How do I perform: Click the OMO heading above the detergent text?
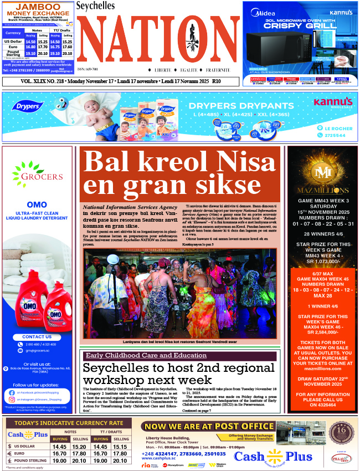click(x=37, y=205)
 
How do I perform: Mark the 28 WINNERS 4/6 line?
click(x=322, y=234)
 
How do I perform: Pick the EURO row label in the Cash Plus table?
click(x=24, y=453)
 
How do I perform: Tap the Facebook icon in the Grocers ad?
click(x=12, y=392)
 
